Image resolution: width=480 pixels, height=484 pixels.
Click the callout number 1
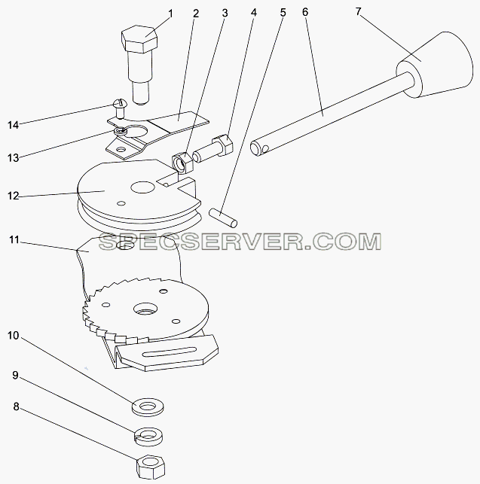tap(170, 14)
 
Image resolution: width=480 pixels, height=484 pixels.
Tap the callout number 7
tap(358, 12)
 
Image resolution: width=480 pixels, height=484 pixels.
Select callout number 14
tap(14, 125)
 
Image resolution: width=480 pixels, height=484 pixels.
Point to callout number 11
tap(14, 240)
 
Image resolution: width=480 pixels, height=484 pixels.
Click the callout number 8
tap(16, 406)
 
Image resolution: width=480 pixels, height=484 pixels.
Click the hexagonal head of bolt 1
tap(139, 39)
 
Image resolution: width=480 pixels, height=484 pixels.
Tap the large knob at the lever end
tap(435, 65)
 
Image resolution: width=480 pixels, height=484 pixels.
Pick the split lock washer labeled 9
tap(148, 436)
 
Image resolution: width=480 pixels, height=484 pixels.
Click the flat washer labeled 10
tap(148, 407)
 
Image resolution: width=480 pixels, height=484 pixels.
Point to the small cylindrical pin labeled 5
tap(223, 218)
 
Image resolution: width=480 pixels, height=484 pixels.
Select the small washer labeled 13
tap(120, 132)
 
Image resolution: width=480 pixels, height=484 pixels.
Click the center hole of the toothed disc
tap(146, 309)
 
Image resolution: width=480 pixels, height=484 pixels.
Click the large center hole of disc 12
tap(142, 187)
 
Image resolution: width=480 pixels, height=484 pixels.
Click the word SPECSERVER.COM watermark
tap(240, 242)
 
